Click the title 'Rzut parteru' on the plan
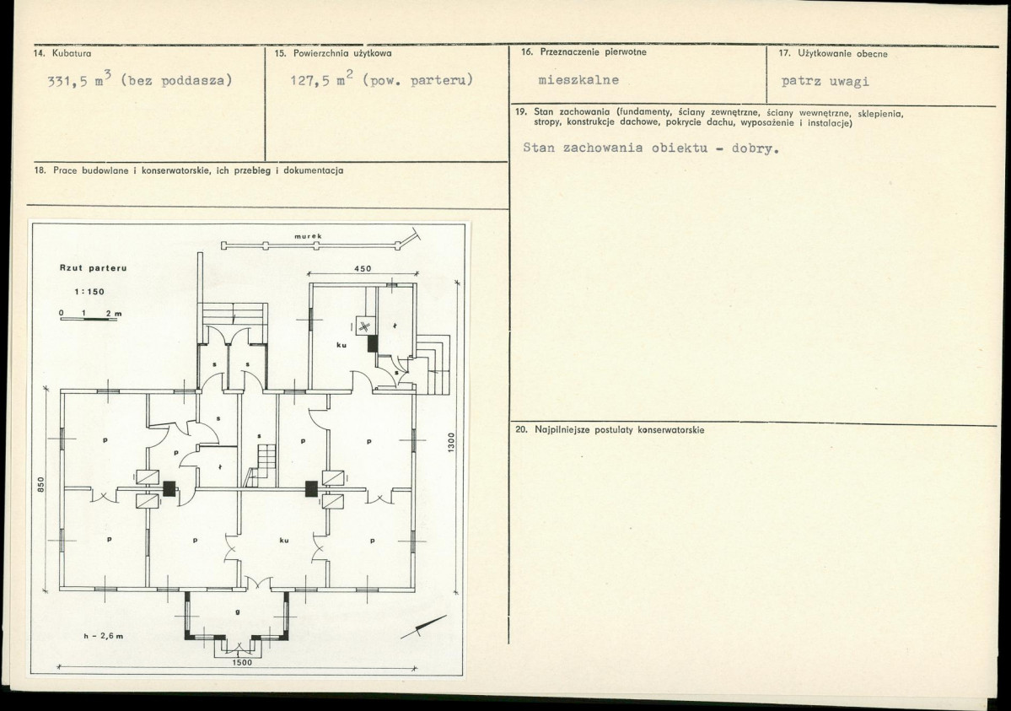93,267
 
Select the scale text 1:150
89,292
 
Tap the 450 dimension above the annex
363,268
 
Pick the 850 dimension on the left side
40,484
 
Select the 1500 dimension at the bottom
242,662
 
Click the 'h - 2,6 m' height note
103,635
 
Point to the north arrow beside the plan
423,628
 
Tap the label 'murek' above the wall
308,237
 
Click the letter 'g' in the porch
237,613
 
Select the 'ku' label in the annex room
341,345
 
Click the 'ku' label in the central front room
283,541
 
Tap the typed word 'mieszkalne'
578,80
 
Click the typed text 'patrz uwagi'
825,81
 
